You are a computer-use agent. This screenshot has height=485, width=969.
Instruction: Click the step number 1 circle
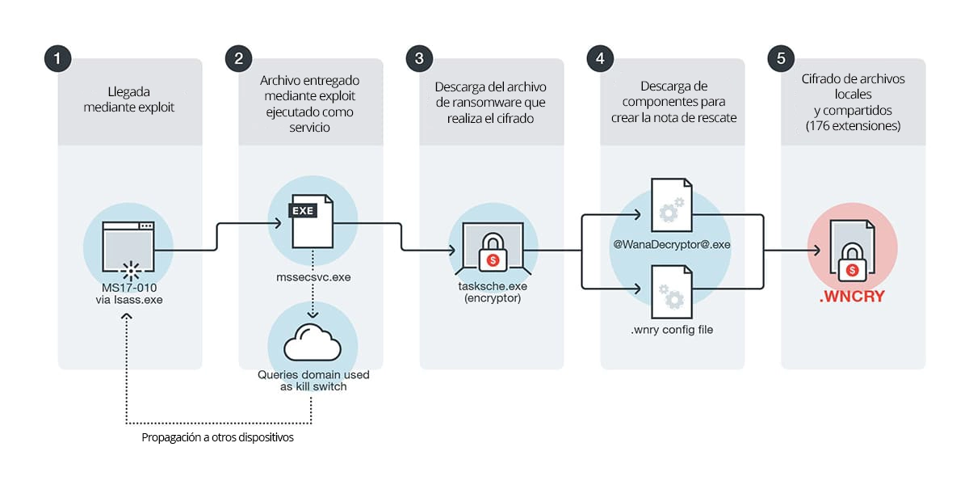point(57,58)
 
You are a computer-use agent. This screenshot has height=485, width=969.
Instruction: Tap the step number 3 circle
point(418,58)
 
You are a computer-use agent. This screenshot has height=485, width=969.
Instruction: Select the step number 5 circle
point(780,58)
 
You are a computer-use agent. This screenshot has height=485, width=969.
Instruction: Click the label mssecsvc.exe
point(311,276)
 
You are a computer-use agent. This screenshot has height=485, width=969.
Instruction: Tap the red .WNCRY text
point(852,297)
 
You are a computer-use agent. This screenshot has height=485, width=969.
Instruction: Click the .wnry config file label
point(672,330)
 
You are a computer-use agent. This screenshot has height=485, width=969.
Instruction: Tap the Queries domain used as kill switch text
point(311,380)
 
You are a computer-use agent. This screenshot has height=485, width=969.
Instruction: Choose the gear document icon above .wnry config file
point(672,291)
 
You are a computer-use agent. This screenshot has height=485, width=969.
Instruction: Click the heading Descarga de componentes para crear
point(673,102)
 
